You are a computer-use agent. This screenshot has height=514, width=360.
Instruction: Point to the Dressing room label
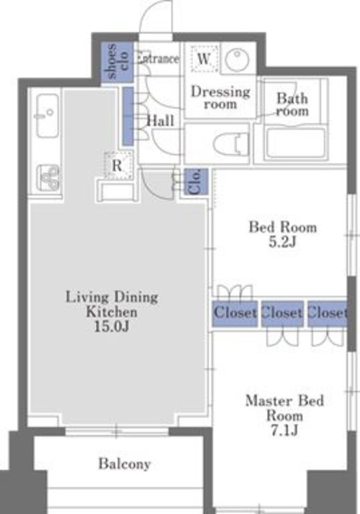220,97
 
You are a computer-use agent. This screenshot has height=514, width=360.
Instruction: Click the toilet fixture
231,144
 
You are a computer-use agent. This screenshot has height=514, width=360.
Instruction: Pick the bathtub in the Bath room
296,143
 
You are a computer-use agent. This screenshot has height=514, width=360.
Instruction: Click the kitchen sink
47,115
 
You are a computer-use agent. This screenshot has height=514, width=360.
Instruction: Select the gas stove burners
48,177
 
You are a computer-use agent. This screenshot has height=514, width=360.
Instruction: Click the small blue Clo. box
196,182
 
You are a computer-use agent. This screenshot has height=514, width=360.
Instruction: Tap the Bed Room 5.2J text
283,235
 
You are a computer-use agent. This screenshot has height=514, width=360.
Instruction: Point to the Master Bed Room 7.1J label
284,415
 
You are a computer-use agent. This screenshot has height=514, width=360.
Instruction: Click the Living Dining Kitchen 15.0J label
112,312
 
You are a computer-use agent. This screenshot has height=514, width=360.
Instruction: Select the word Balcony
125,463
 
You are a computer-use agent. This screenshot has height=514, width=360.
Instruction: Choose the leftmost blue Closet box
235,313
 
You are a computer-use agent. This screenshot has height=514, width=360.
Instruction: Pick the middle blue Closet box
282,314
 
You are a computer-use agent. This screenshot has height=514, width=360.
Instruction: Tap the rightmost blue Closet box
327,314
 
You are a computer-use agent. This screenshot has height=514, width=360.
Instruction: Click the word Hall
161,121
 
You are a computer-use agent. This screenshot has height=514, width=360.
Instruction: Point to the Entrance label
158,59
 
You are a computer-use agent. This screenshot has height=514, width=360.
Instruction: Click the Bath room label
292,104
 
